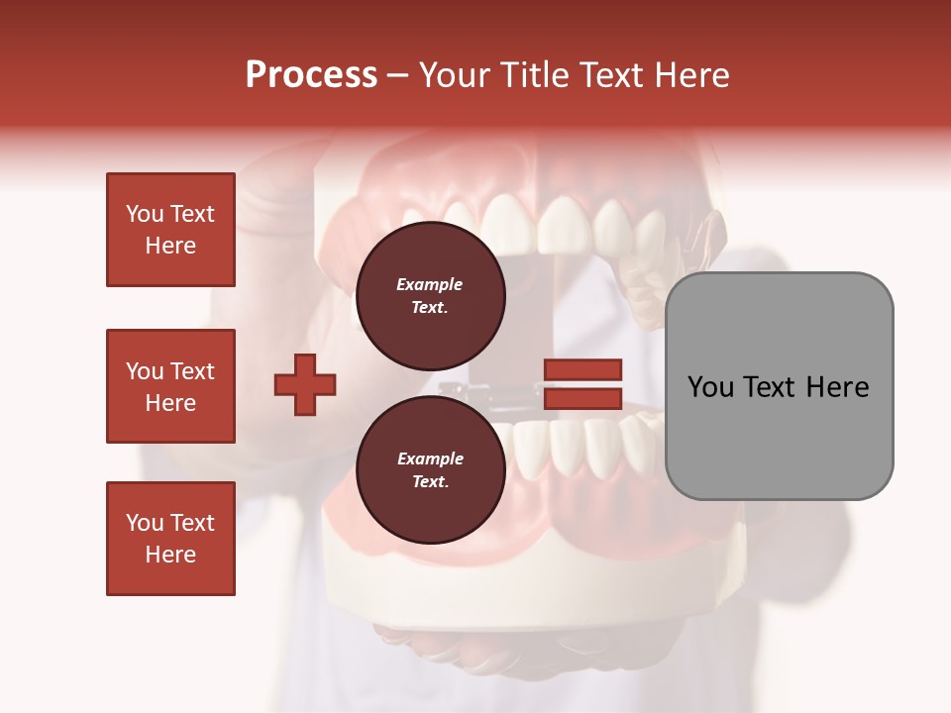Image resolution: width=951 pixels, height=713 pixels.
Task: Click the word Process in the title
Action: click(311, 75)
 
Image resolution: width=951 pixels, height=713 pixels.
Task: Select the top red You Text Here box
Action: click(170, 230)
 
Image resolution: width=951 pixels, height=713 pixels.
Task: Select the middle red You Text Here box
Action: click(170, 386)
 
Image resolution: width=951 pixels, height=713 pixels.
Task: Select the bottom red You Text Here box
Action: click(170, 539)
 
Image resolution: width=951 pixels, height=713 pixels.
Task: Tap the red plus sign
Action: click(305, 384)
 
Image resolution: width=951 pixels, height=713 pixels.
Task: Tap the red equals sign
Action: click(582, 384)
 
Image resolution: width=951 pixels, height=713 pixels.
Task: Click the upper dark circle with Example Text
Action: click(430, 295)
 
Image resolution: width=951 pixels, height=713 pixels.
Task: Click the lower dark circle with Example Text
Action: click(430, 469)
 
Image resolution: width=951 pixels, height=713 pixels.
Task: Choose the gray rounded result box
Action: click(779, 386)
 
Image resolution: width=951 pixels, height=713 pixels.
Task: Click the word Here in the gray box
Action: click(838, 387)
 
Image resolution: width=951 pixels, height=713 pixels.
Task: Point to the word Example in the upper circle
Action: click(430, 284)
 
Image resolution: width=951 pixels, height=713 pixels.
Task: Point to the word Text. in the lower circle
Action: click(430, 481)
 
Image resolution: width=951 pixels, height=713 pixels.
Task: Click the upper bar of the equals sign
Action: click(582, 369)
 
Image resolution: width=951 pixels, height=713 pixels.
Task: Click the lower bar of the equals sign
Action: click(582, 399)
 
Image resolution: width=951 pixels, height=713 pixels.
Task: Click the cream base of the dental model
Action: click(555, 594)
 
